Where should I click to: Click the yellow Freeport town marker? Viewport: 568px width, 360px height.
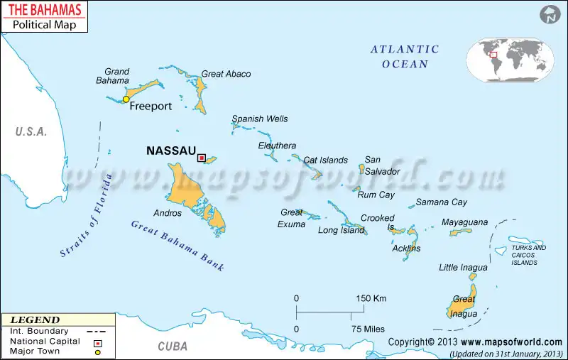point(126,99)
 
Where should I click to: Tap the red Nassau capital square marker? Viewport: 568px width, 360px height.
point(201,158)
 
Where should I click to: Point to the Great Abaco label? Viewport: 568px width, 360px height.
point(226,74)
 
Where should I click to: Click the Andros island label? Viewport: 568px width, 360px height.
point(168,213)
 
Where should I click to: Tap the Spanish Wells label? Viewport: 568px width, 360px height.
point(260,119)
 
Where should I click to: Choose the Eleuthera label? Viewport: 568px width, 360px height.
point(277,146)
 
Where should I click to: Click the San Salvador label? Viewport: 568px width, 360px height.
point(382,166)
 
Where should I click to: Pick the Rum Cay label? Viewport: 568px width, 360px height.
point(376,195)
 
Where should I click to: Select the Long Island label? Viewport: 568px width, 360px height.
point(341,230)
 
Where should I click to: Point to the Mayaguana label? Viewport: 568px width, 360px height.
point(464,222)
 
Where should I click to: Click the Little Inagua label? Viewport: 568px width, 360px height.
point(463,268)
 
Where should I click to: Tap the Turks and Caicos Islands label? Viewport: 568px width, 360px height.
point(528,255)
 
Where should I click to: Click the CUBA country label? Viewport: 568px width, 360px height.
point(173,347)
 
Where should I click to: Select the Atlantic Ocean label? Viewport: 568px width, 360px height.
point(405,57)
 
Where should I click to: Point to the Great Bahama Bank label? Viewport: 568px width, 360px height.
point(177,246)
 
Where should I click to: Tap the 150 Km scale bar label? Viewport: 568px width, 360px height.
point(371,298)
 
